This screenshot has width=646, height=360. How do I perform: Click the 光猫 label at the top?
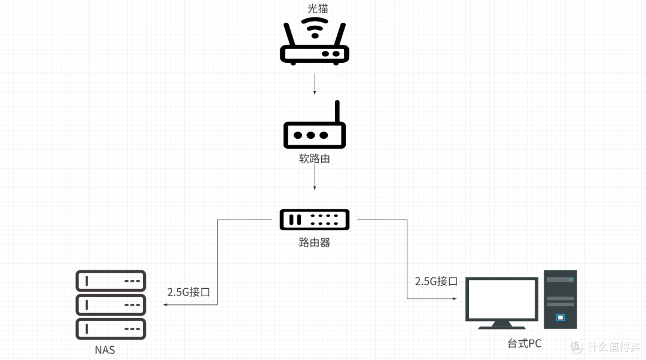click(x=315, y=8)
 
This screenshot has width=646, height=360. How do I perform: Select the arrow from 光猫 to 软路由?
click(x=315, y=84)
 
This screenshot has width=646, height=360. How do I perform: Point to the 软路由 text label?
click(x=315, y=159)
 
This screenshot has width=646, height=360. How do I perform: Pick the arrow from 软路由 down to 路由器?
click(x=315, y=179)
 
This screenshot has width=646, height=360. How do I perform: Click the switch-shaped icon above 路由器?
click(x=315, y=219)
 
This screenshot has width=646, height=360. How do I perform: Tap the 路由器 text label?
click(x=315, y=243)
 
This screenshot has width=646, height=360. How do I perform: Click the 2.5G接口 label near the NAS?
click(x=188, y=292)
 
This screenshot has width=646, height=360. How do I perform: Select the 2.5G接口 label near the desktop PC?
click(x=436, y=281)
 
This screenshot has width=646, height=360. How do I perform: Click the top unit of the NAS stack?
click(x=111, y=280)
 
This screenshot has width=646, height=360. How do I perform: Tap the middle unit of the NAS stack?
click(x=111, y=304)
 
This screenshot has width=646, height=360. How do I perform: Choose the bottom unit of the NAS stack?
click(x=111, y=328)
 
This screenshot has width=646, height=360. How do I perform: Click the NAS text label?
click(x=105, y=350)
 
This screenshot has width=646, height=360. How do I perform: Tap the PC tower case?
click(x=560, y=299)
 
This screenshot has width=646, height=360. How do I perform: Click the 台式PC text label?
click(x=524, y=343)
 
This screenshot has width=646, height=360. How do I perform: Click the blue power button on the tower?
click(x=560, y=317)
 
